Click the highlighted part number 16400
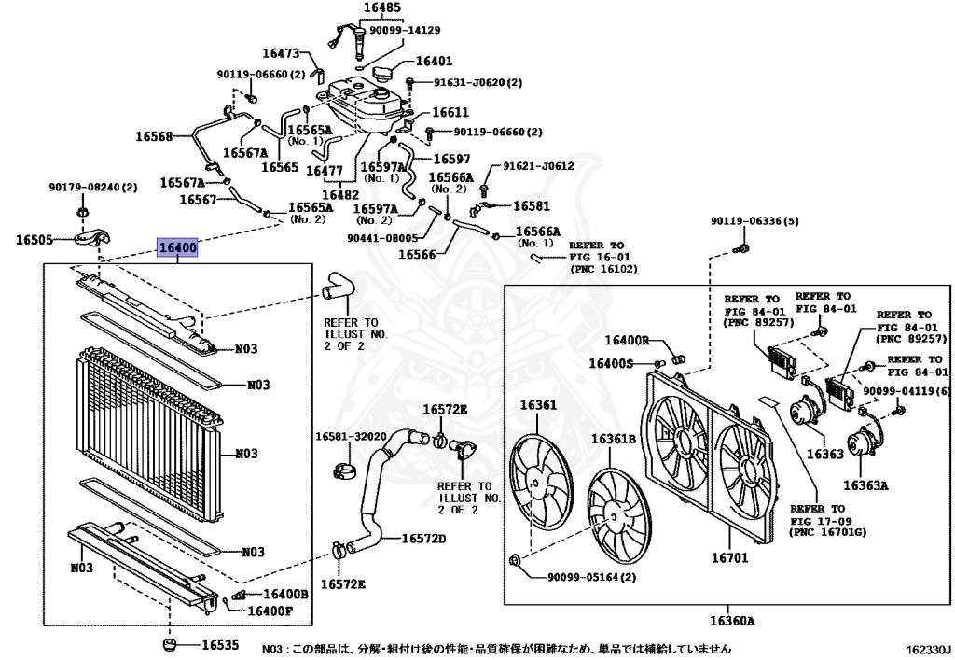[177, 248]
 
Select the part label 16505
[36, 240]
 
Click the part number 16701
[729, 557]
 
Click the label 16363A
[866, 485]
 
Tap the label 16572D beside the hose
[424, 539]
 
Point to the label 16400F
[270, 611]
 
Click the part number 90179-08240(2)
[92, 188]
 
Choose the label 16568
[154, 136]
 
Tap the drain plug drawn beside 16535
[170, 644]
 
